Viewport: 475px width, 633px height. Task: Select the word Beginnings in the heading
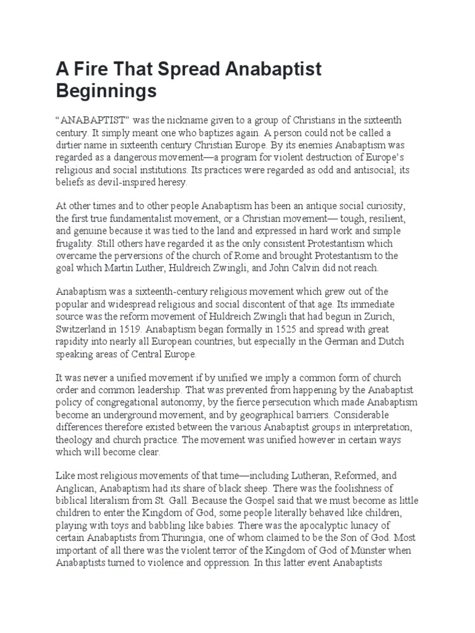tap(106, 91)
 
